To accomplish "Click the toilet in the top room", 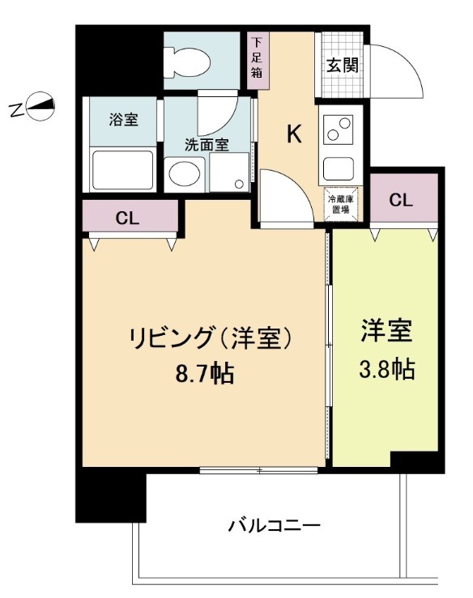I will [186, 59].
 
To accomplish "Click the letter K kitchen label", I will [294, 134].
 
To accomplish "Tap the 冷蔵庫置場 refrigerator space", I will [339, 202].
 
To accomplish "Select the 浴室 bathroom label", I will [124, 120].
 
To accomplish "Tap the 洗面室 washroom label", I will [206, 145].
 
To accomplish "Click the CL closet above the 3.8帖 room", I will [402, 201].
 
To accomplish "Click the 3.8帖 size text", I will [386, 370].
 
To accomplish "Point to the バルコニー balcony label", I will [274, 525].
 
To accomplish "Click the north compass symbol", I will [40, 107].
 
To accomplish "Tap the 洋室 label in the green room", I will [386, 333].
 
